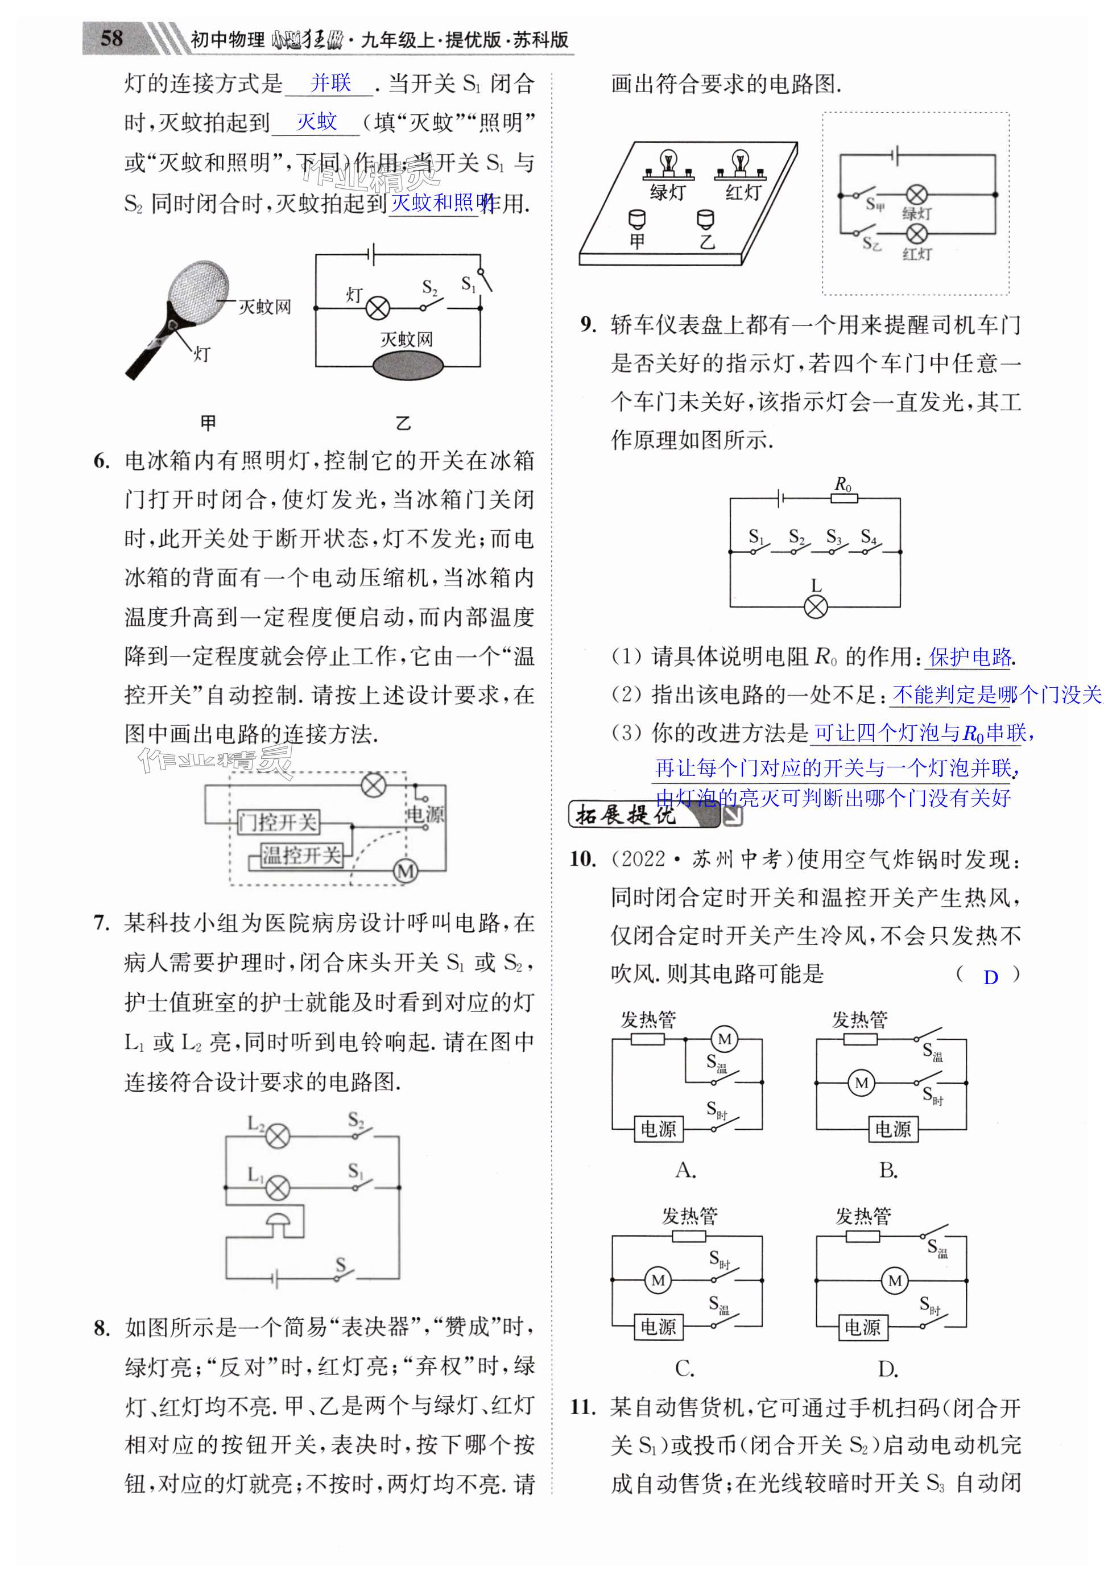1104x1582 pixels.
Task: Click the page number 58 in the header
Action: click(x=111, y=39)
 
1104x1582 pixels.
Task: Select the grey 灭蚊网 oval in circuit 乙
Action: click(x=407, y=365)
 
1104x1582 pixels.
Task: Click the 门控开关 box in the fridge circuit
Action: click(x=278, y=821)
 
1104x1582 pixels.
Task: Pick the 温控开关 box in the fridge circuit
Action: click(x=301, y=855)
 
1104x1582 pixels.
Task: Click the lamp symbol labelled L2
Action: click(x=278, y=1136)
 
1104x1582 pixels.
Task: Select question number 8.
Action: click(x=101, y=1328)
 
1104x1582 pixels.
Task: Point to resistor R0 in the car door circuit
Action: click(x=843, y=498)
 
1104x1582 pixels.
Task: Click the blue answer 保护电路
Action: click(x=970, y=656)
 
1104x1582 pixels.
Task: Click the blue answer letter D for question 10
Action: click(x=990, y=977)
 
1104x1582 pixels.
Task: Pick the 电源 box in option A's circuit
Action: click(x=658, y=1129)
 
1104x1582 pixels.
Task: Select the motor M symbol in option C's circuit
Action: click(x=658, y=1280)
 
